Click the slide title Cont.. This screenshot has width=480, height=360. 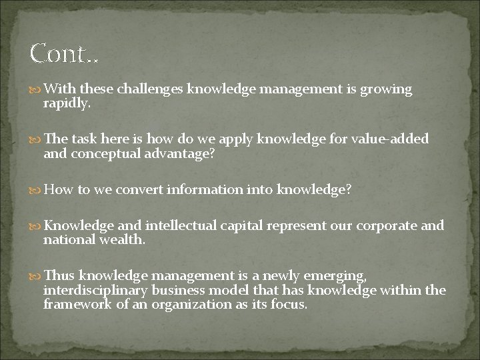point(64,53)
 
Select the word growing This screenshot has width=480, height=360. point(387,89)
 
